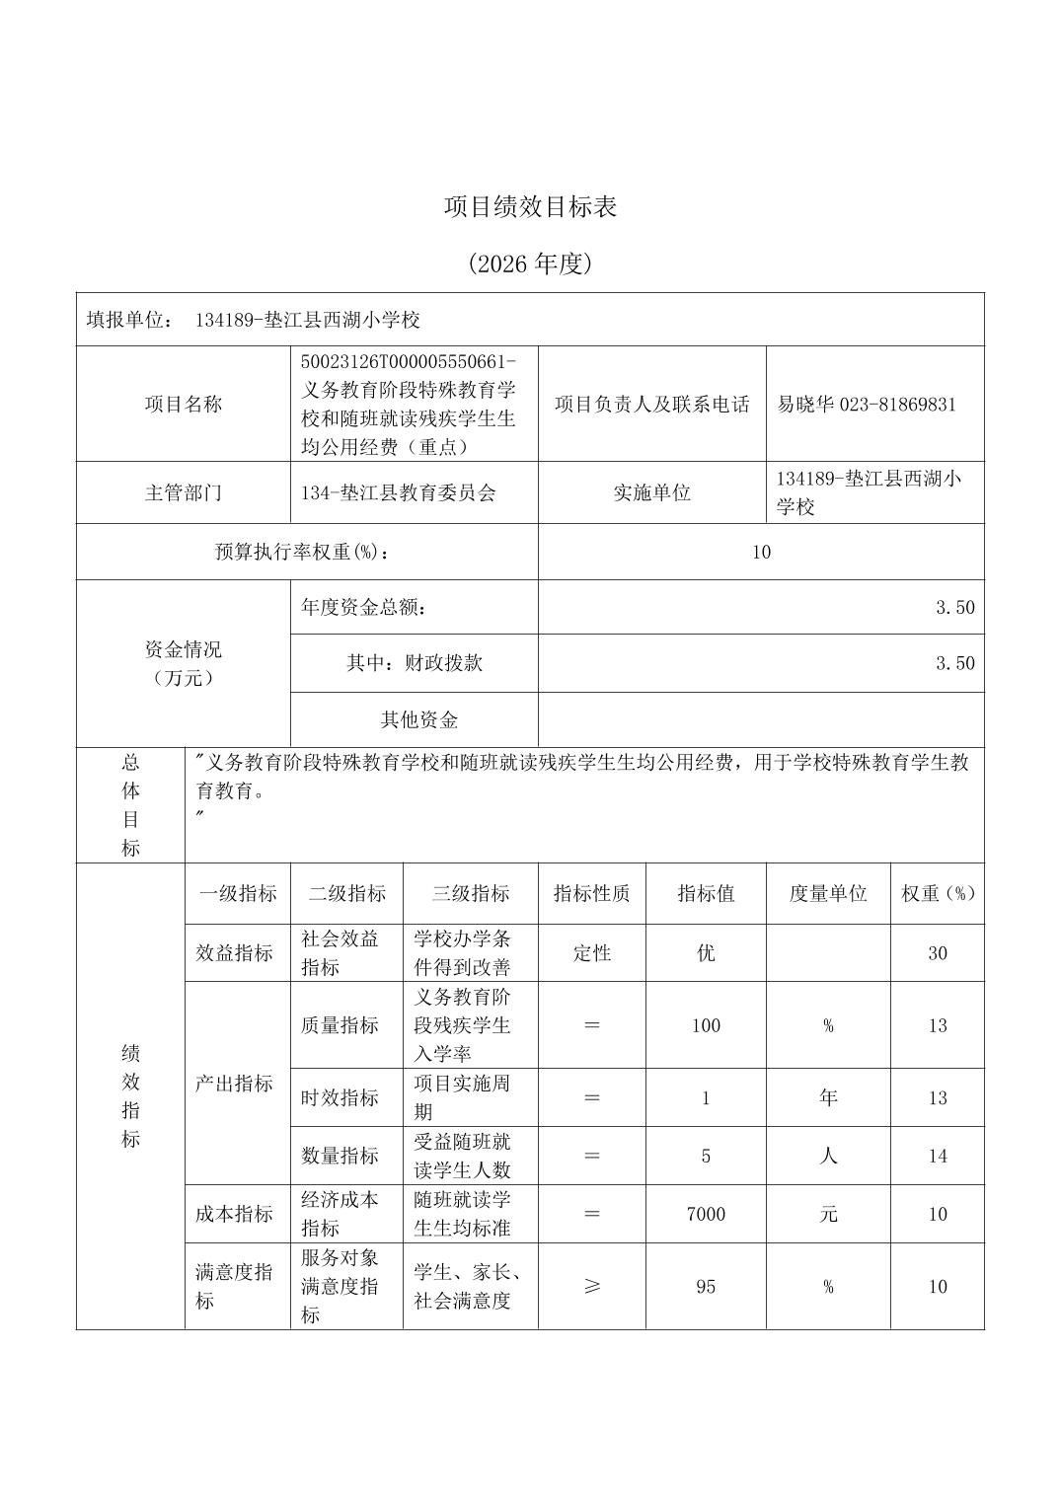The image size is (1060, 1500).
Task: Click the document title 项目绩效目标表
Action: [530, 207]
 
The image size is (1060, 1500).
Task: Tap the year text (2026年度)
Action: [530, 263]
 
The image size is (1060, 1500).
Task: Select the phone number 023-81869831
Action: [897, 405]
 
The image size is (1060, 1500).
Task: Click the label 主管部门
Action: [184, 492]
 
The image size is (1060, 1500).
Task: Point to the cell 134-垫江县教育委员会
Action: [399, 492]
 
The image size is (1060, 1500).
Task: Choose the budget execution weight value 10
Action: [760, 552]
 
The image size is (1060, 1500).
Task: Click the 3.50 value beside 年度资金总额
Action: [954, 607]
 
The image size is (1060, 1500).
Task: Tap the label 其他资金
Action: [419, 719]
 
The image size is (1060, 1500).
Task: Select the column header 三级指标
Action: [470, 894]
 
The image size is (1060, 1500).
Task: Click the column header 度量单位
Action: [827, 894]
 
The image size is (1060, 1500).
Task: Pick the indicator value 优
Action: [706, 953]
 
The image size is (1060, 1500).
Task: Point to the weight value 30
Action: [937, 953]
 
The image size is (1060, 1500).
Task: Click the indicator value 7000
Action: [706, 1214]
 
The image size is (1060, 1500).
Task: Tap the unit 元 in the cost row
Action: [827, 1214]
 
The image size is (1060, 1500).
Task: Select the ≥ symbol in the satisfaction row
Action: [592, 1287]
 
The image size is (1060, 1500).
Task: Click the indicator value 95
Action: [706, 1287]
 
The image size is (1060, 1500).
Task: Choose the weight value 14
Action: [937, 1156]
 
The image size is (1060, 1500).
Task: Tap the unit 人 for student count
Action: [827, 1156]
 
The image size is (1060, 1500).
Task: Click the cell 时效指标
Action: [340, 1097]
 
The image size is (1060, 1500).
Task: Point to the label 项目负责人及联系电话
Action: [651, 405]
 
